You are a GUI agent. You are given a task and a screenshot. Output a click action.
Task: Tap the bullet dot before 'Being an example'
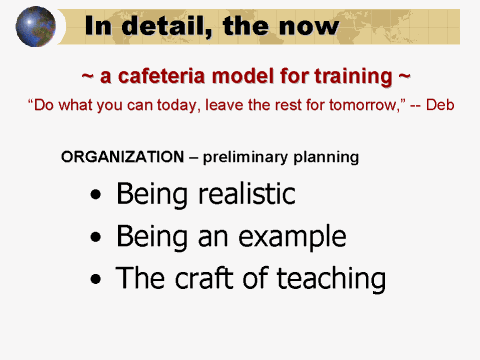95,238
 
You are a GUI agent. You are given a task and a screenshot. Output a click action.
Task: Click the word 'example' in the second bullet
296,237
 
